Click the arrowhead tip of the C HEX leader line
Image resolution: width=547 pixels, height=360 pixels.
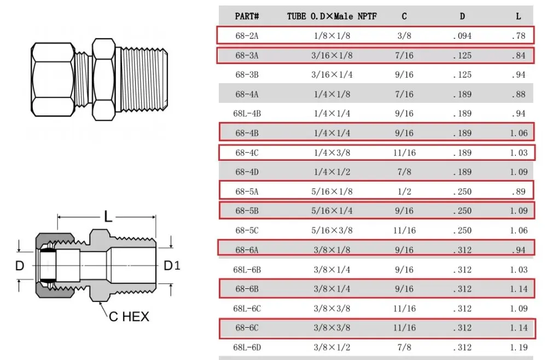(x=100, y=302)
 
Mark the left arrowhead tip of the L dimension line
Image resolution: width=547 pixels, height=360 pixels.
(x=57, y=217)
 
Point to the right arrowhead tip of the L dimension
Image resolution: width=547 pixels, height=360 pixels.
(x=155, y=217)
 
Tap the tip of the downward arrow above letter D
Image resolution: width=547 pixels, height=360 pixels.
(x=19, y=252)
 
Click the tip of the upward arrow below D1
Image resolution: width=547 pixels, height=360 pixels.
(x=171, y=284)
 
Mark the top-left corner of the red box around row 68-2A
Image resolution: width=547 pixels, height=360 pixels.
(x=217, y=26)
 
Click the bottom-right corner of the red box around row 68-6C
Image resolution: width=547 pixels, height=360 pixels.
(x=536, y=338)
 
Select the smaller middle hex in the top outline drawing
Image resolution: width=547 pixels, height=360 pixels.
(x=104, y=79)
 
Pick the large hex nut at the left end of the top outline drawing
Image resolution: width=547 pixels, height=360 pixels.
(x=53, y=79)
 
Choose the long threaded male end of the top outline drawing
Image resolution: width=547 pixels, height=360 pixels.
(x=144, y=79)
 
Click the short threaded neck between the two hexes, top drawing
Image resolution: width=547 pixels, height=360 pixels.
(x=83, y=79)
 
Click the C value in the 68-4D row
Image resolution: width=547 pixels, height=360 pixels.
(x=404, y=172)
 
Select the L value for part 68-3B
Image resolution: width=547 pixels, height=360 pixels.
(x=519, y=74)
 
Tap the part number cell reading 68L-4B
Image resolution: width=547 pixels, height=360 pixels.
(x=247, y=114)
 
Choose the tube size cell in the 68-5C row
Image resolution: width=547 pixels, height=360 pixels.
(x=332, y=230)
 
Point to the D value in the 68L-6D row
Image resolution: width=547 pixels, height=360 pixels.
(x=462, y=347)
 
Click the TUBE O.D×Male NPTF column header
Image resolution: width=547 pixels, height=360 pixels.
(x=332, y=16)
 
